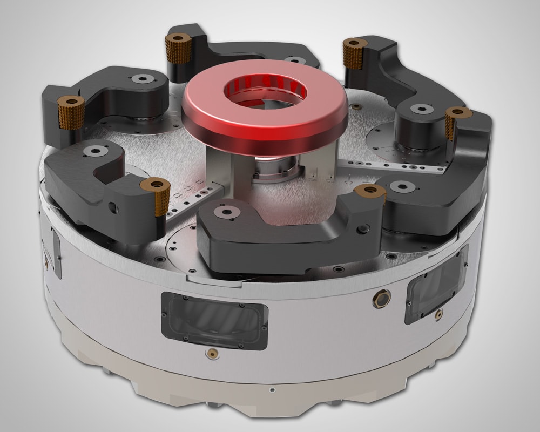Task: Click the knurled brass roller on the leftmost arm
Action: pos(69,112)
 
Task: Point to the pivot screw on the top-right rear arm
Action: pos(421,109)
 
